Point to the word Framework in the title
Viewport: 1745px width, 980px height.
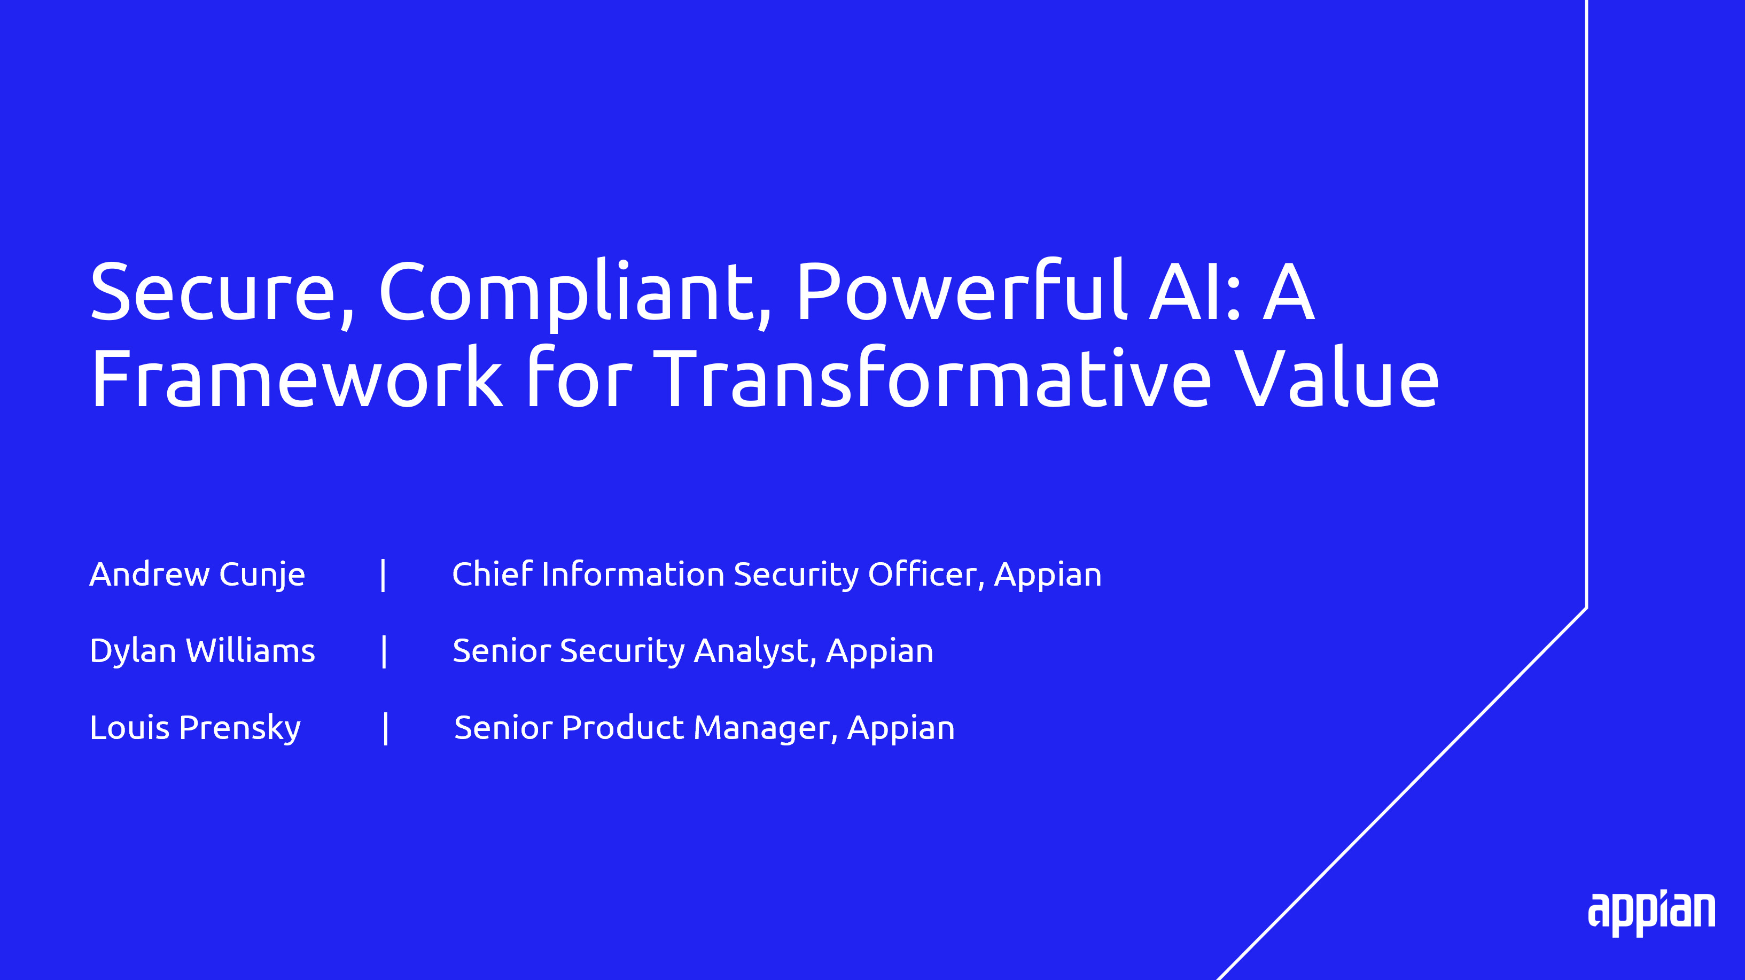297,377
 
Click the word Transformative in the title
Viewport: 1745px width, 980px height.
931,377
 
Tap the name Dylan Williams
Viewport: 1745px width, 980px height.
202,651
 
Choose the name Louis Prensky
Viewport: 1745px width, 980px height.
195,729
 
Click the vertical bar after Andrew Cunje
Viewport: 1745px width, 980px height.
384,575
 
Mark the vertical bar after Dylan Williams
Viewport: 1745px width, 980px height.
384,651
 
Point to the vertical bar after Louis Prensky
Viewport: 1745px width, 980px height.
385,729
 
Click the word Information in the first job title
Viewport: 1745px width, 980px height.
633,574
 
